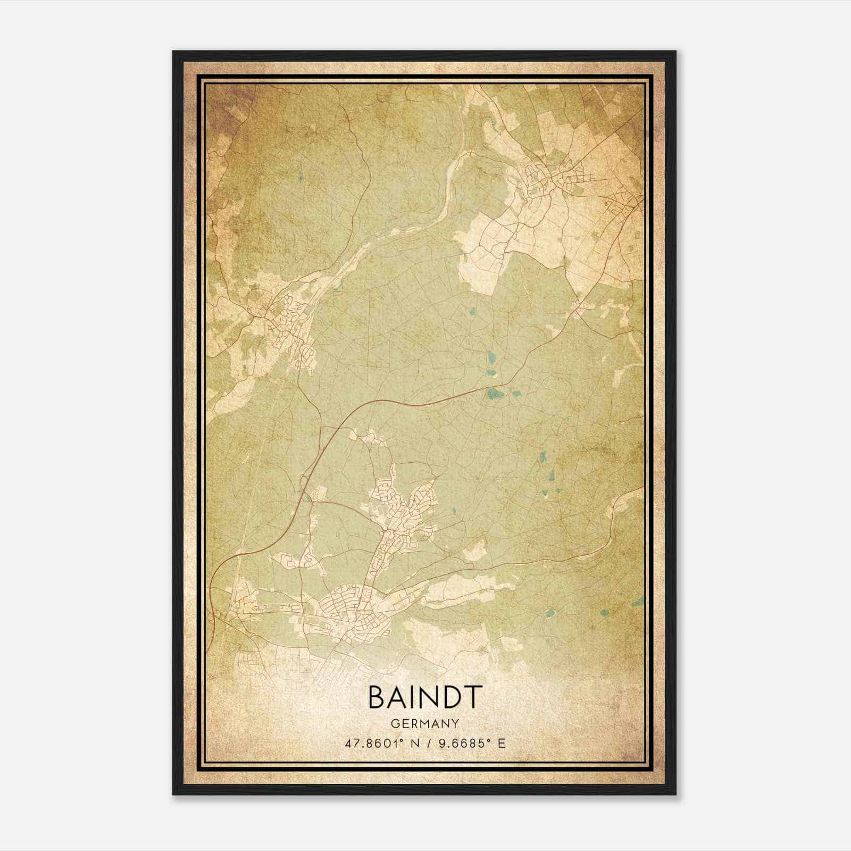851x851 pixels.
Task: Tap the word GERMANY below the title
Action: click(425, 723)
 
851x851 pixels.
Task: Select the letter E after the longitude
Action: click(501, 743)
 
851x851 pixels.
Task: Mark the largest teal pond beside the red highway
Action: click(494, 394)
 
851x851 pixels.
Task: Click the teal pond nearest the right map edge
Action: click(636, 603)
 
